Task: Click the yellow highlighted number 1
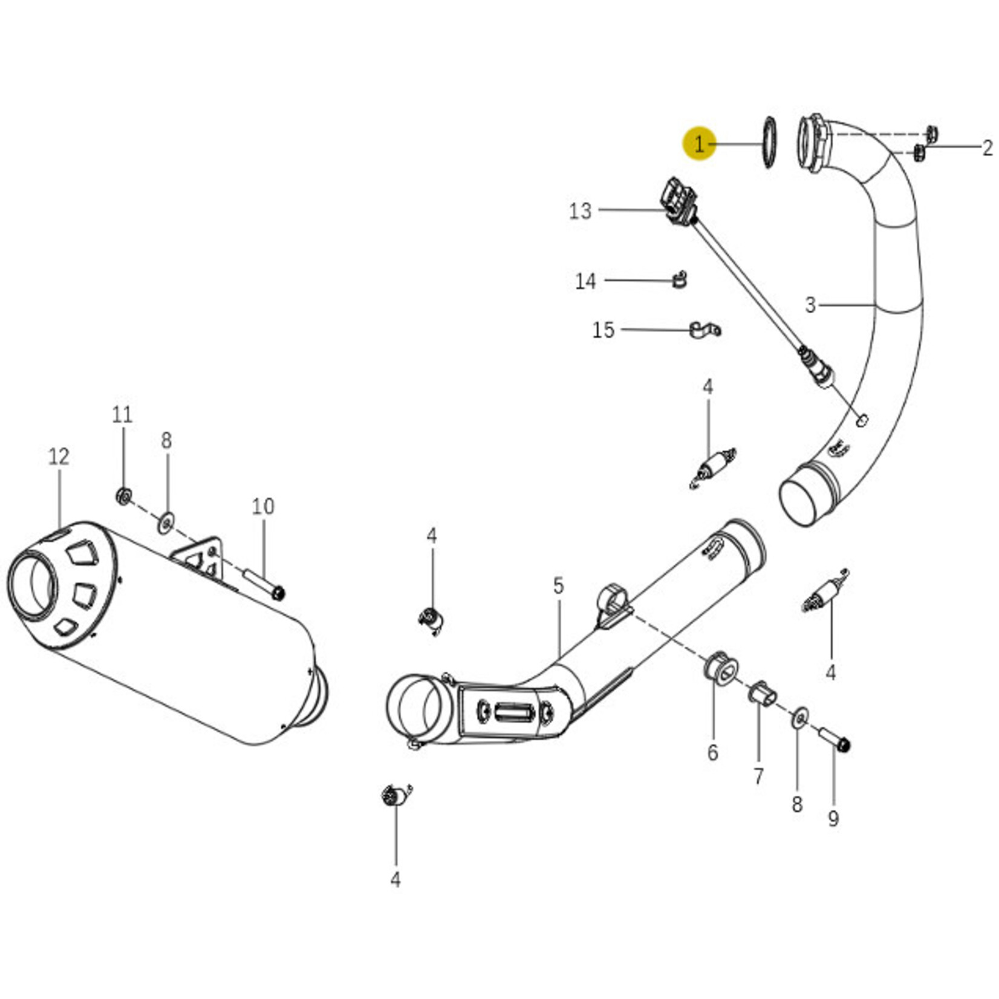699,145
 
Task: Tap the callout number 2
987,148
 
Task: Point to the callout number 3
810,305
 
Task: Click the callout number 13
580,211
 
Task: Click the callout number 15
603,330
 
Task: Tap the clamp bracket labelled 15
704,330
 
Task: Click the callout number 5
558,585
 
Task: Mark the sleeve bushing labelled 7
763,693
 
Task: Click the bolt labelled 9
835,738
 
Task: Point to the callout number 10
263,506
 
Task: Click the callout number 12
59,457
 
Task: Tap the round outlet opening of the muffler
33,585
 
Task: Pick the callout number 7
758,776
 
